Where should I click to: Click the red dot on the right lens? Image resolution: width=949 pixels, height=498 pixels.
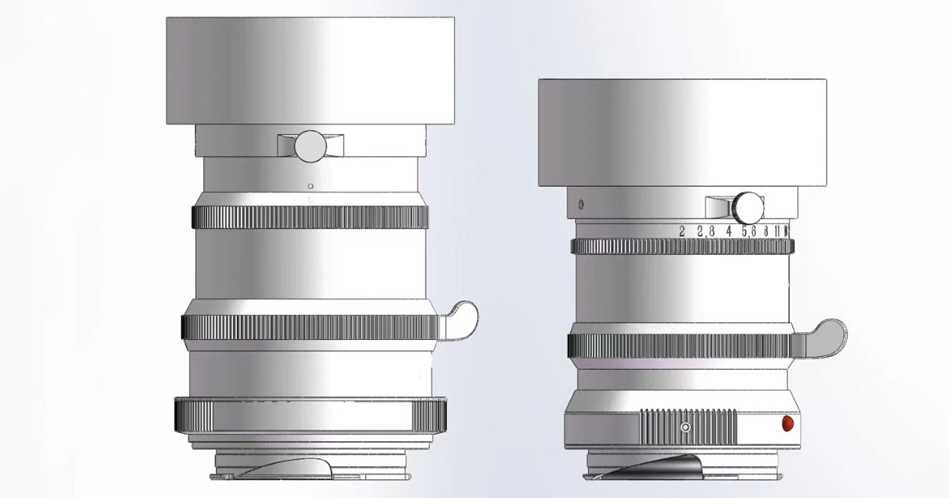[x=788, y=424]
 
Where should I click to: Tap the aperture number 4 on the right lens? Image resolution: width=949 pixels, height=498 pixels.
[x=728, y=232]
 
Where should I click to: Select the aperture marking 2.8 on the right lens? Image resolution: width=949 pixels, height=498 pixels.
[x=705, y=232]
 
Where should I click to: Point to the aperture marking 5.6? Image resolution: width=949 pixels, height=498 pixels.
[x=749, y=232]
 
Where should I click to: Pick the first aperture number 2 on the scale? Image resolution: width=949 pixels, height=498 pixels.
[x=682, y=232]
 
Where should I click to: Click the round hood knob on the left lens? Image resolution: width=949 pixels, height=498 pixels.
[x=309, y=146]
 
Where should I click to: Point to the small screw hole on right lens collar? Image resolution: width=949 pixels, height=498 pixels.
[x=581, y=205]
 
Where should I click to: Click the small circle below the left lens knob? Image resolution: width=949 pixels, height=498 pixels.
[x=310, y=186]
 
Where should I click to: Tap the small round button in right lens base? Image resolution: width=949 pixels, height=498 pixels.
[x=686, y=427]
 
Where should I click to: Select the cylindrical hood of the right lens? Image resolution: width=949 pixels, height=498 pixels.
[x=682, y=133]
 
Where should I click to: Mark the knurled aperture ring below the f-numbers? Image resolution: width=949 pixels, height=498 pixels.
[x=682, y=247]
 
